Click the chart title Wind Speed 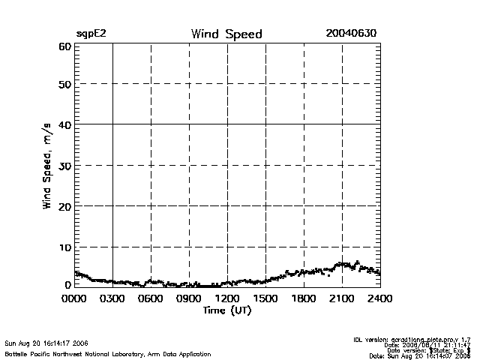(226, 34)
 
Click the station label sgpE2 (91, 35)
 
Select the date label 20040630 (351, 34)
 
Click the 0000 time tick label (75, 298)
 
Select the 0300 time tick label (112, 298)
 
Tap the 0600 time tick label (151, 298)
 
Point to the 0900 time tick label (189, 298)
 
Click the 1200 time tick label (227, 298)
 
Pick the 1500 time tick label (265, 298)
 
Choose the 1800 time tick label (304, 298)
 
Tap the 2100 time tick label (342, 298)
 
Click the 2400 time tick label (379, 298)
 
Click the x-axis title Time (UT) (226, 310)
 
